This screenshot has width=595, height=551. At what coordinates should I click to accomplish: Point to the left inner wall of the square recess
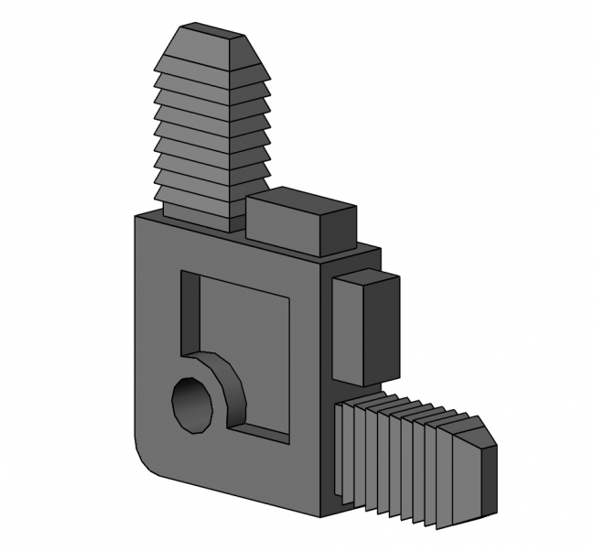pyautogui.click(x=189, y=311)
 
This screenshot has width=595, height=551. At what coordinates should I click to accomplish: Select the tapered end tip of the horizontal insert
pyautogui.click(x=488, y=476)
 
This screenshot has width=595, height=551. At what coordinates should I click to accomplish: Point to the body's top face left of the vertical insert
pyautogui.click(x=151, y=216)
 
